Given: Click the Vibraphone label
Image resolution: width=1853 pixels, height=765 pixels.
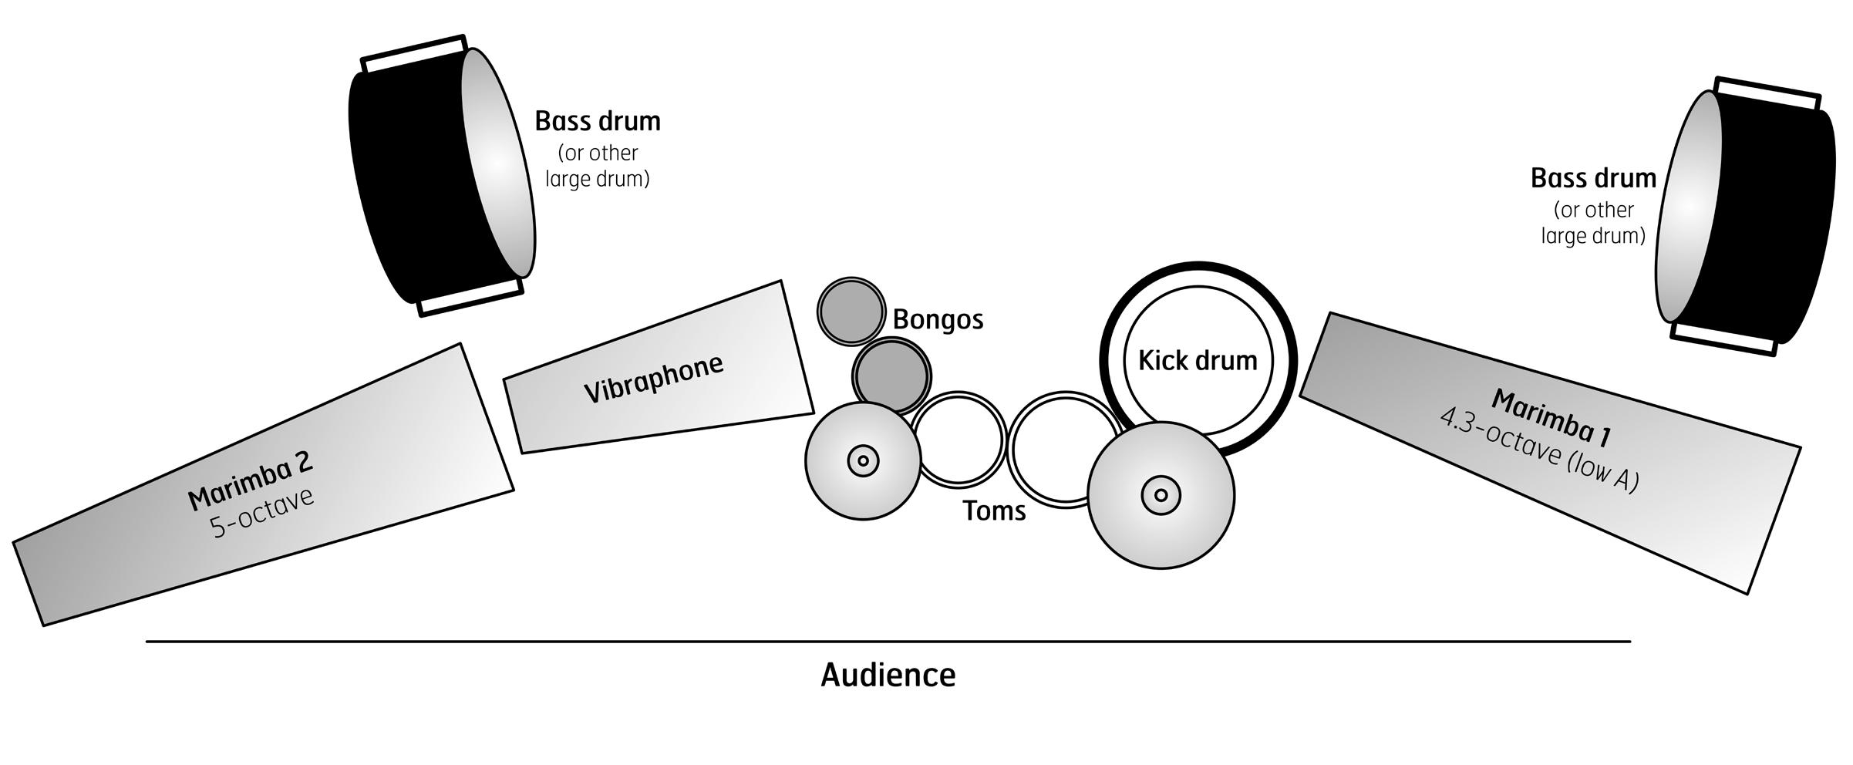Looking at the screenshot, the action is tap(653, 379).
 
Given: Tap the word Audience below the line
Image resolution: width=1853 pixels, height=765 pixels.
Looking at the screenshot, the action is tap(888, 675).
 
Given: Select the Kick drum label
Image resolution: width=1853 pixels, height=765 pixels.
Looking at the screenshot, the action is tap(1198, 360).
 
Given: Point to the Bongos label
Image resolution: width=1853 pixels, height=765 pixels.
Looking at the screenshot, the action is tap(938, 319).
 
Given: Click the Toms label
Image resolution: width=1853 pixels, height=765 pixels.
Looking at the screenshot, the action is tap(994, 511).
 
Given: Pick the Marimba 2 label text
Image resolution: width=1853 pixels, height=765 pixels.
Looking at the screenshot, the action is tap(251, 480).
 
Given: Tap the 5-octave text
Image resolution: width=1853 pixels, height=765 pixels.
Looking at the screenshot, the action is tap(262, 512).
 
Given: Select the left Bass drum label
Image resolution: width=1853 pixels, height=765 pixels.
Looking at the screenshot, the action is tap(598, 121).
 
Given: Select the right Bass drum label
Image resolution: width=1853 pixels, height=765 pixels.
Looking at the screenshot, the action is tap(1593, 178).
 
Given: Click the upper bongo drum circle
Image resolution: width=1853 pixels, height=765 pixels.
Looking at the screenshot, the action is tap(851, 311).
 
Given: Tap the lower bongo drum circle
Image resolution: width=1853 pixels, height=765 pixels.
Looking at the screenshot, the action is tap(891, 377).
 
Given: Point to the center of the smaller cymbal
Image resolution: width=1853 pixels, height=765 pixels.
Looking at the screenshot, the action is tap(863, 461).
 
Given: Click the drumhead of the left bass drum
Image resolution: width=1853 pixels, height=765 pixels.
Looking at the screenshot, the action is tap(498, 163).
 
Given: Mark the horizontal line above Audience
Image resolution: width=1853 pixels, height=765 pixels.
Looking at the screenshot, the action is tap(888, 641).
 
